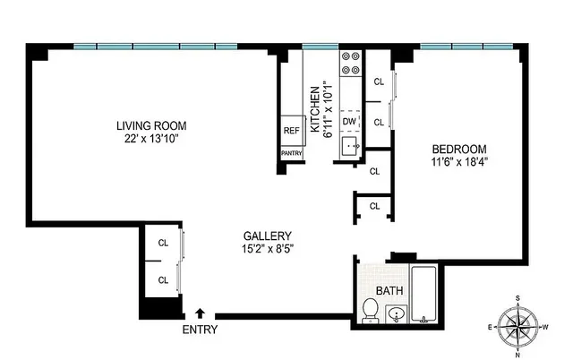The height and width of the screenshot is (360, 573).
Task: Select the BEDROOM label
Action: [x=459, y=149]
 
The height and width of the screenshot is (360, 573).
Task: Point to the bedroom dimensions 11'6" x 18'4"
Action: [x=459, y=162]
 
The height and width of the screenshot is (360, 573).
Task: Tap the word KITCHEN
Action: [x=315, y=109]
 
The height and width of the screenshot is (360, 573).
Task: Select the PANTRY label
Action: [x=291, y=153]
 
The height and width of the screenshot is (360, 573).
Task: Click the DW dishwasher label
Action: [x=350, y=120]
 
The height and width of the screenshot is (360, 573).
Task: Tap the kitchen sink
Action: [x=350, y=144]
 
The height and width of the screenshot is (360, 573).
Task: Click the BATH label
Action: [x=389, y=290]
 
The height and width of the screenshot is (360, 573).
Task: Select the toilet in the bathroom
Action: [x=369, y=310]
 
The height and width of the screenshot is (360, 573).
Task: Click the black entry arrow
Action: [x=201, y=313]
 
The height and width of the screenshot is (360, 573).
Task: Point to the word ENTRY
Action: [x=200, y=330]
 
